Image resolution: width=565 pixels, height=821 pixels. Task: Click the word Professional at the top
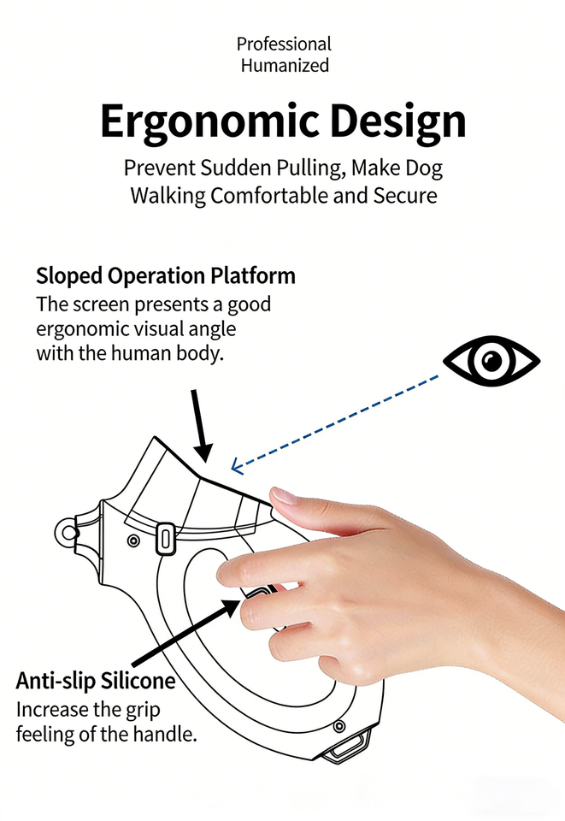284,44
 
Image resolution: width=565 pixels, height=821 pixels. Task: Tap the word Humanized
284,65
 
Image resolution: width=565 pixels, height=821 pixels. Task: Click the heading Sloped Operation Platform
166,276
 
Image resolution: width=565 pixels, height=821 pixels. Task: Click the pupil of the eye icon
491,361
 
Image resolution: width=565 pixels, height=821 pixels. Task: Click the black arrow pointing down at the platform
202,428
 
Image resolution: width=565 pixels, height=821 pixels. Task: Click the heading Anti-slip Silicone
96,682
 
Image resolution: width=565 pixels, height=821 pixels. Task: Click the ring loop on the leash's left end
67,533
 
